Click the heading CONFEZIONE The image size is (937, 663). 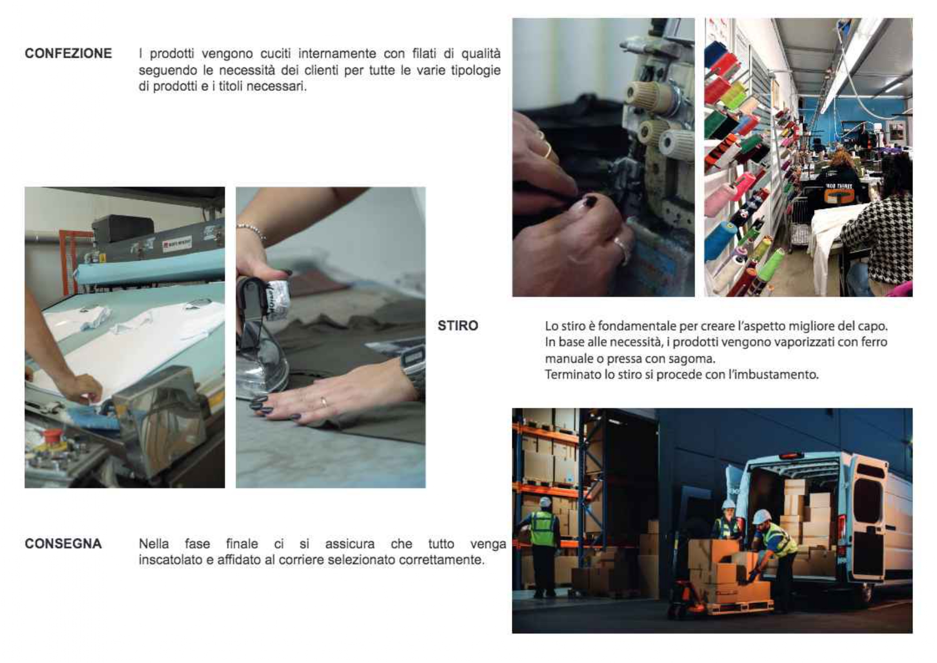(x=68, y=53)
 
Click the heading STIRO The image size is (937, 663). (x=458, y=326)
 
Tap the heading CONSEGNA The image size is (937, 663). (x=63, y=544)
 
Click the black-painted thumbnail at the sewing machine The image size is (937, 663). (x=589, y=202)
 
